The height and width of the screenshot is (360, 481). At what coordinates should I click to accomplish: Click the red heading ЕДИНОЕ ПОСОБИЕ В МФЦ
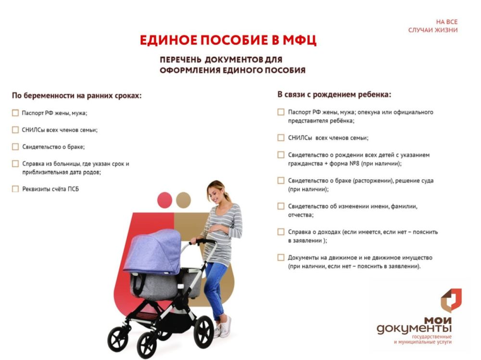click(x=228, y=40)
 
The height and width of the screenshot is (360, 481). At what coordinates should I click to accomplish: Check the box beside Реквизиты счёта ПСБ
click(x=15, y=189)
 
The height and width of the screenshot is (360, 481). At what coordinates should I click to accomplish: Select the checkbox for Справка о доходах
click(x=281, y=232)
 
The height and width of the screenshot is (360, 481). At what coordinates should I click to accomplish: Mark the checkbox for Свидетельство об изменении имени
click(x=281, y=206)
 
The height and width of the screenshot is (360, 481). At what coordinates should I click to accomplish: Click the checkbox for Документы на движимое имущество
click(x=281, y=258)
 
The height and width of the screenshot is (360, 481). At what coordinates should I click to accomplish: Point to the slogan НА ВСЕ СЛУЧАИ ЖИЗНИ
click(x=433, y=26)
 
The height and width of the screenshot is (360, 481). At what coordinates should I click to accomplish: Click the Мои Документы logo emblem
click(x=451, y=300)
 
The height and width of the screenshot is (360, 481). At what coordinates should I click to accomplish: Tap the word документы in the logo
click(x=414, y=329)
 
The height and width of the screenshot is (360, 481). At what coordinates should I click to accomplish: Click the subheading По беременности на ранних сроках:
click(x=76, y=96)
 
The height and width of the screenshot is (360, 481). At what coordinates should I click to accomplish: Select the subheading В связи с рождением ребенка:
click(x=334, y=95)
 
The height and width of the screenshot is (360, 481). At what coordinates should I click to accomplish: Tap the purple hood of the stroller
click(x=153, y=251)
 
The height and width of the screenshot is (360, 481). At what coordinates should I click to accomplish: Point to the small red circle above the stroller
click(x=165, y=200)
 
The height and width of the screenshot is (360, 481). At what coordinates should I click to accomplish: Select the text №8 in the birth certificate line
click(x=354, y=163)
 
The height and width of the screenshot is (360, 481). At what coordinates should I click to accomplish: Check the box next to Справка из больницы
click(x=15, y=164)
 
